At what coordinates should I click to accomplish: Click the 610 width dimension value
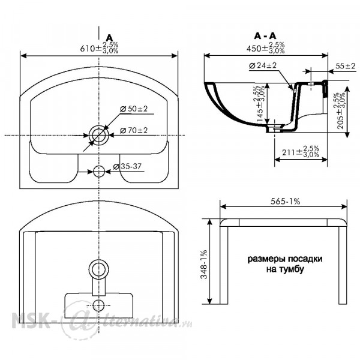[x=99, y=48]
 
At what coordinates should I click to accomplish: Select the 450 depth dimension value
[x=266, y=48]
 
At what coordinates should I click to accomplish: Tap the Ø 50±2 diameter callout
[x=134, y=109]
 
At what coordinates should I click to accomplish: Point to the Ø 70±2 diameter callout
[x=134, y=130]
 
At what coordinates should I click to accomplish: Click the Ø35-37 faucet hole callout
[x=127, y=166]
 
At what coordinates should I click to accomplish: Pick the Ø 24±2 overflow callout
[x=263, y=65]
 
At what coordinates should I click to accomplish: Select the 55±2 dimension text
[x=346, y=66]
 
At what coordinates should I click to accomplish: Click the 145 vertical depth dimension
[x=260, y=104]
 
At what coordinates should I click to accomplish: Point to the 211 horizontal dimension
[x=301, y=151]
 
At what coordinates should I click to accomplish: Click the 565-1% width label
[x=285, y=202]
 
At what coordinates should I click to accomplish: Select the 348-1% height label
[x=204, y=264]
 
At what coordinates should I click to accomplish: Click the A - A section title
[x=265, y=36]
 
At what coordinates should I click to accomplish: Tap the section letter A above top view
[x=110, y=37]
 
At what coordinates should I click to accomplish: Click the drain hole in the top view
[x=99, y=136]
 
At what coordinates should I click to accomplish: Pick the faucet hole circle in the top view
[x=99, y=171]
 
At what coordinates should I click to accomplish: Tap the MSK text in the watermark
[x=30, y=320]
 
